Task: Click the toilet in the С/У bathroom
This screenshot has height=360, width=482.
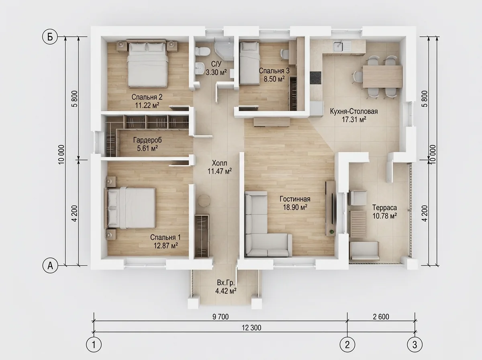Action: click(202, 51)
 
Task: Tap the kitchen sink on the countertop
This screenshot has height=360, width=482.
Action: click(342, 47)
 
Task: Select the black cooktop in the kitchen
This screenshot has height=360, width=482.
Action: click(316, 78)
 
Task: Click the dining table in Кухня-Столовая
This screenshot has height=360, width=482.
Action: click(382, 77)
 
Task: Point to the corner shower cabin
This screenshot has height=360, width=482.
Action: click(224, 49)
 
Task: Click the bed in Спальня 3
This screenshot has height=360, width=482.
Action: click(249, 63)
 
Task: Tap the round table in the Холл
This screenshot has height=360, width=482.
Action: click(204, 200)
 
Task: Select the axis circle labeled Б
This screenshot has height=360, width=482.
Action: click(50, 37)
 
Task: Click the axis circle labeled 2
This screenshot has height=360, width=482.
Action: click(347, 345)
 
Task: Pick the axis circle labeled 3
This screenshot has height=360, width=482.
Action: click(415, 345)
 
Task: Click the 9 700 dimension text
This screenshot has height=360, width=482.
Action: click(221, 317)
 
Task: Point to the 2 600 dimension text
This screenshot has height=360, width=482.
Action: click(381, 317)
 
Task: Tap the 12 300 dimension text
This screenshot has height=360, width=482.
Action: click(251, 328)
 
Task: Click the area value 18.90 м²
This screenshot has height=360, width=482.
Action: click(295, 207)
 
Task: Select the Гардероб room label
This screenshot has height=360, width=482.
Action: click(147, 140)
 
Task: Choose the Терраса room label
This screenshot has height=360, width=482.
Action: click(384, 208)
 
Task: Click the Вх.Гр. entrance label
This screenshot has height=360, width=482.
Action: click(226, 283)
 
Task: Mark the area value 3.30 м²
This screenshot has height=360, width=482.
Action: click(216, 72)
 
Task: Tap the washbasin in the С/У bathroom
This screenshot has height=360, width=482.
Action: click(200, 68)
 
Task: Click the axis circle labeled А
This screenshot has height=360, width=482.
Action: click(50, 266)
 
